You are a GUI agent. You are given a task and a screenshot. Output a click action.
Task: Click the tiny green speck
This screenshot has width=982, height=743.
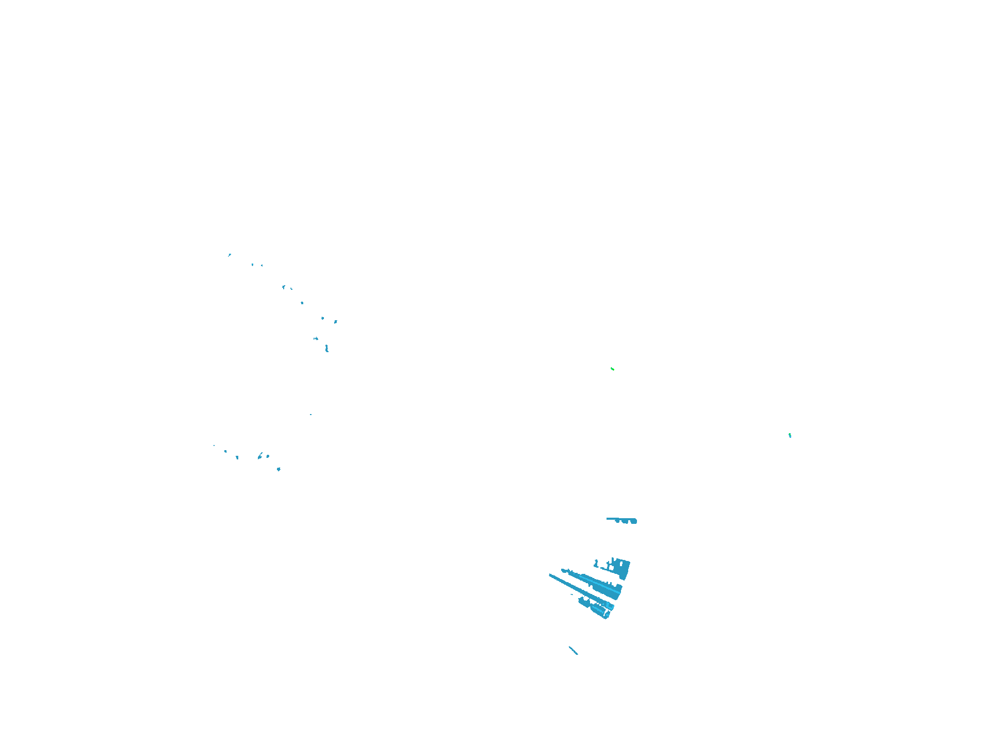pos(612,369)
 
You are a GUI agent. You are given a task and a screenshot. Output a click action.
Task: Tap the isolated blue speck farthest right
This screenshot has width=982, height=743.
pos(790,435)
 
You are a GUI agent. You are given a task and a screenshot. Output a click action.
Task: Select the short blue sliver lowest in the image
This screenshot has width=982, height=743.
pos(573,650)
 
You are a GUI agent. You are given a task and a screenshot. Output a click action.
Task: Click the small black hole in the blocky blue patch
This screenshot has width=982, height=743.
pos(621,564)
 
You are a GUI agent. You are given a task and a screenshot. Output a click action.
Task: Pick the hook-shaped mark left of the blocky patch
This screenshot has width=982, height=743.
pos(597,563)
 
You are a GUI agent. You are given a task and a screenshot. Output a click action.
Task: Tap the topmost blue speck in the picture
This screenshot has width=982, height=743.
pos(230,254)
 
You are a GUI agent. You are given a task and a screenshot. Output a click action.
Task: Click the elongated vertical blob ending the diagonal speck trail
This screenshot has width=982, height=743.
pos(327,349)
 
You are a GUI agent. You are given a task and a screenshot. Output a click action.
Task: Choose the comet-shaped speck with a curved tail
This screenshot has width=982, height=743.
pos(260,456)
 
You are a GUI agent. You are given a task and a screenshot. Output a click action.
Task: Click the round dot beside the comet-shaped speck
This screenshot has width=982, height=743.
pos(268,456)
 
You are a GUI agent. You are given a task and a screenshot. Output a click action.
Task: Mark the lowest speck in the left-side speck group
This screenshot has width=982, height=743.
pos(279,469)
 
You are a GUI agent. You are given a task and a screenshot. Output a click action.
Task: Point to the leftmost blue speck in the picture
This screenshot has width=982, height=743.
pos(214,445)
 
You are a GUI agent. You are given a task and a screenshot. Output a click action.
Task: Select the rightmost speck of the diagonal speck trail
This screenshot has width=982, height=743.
pos(335,322)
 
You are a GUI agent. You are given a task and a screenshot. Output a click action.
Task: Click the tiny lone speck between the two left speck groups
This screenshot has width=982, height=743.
pos(310,414)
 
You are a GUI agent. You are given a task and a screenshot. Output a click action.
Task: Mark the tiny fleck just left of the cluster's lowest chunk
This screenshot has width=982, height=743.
pos(572,595)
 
